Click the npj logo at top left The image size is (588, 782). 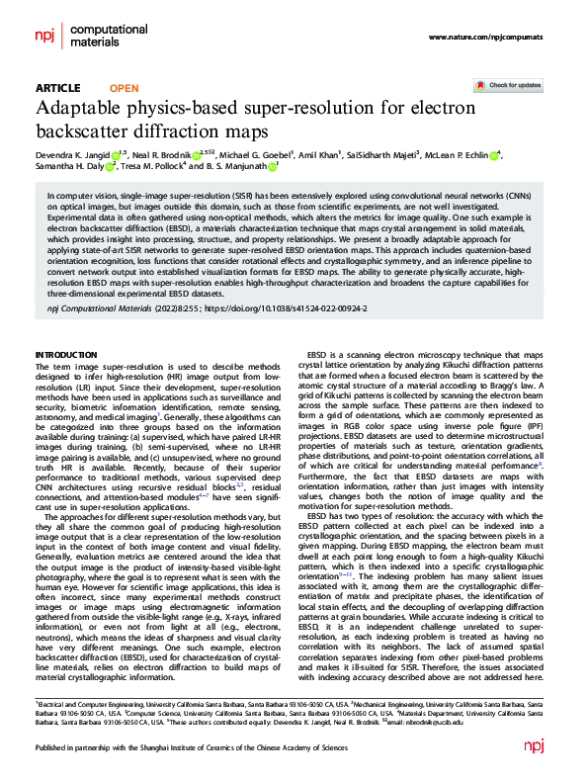pyautogui.click(x=44, y=36)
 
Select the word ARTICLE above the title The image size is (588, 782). pyautogui.click(x=58, y=88)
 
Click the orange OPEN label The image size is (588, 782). pyautogui.click(x=124, y=88)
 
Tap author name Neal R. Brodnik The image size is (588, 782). pyautogui.click(x=162, y=155)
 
